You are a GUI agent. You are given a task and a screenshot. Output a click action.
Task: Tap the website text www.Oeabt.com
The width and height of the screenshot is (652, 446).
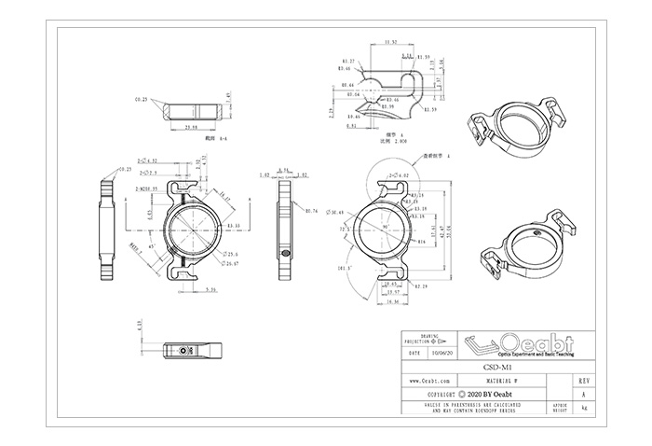(x=430, y=382)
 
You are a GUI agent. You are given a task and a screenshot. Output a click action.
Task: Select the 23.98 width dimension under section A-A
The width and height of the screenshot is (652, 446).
(x=194, y=126)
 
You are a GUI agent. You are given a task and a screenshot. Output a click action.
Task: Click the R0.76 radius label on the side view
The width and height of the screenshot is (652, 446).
(x=313, y=211)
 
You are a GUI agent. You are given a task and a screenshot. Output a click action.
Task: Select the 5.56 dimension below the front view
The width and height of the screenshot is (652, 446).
(x=211, y=290)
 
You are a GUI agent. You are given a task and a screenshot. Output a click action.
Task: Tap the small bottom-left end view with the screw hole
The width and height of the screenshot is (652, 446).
(x=193, y=351)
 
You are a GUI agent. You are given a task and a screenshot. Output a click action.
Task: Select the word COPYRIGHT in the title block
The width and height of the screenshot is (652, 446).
(x=437, y=396)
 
